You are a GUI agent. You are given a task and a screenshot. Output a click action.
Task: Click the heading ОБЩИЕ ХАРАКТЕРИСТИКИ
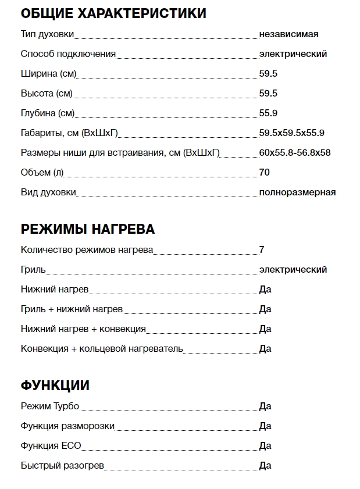[x=113, y=13]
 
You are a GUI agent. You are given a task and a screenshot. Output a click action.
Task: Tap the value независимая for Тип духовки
[x=288, y=34]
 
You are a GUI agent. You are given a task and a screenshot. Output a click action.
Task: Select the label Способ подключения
[x=68, y=54]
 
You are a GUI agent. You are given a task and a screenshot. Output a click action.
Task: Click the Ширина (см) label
[x=48, y=74]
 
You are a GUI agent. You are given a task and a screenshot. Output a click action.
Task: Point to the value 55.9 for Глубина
[x=268, y=113]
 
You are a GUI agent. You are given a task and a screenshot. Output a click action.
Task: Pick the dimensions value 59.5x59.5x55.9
[x=291, y=133]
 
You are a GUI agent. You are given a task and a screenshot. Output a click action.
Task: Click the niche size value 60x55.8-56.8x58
[x=295, y=153]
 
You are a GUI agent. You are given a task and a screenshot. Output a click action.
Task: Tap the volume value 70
[x=265, y=173]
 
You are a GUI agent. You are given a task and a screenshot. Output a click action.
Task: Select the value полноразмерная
[x=297, y=192]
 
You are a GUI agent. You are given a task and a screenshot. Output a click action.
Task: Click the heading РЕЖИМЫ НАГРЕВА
[x=88, y=229]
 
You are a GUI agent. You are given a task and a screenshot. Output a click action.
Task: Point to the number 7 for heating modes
[x=262, y=250]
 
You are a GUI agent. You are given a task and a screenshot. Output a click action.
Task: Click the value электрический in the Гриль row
[x=293, y=270]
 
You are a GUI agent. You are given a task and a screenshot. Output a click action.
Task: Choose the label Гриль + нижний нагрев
[x=72, y=309]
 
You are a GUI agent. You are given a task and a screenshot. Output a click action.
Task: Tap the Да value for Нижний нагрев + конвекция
[x=265, y=329]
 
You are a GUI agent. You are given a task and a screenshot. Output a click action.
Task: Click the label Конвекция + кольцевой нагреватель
[x=102, y=349]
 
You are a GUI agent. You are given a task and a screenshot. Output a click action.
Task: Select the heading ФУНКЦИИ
[x=55, y=386]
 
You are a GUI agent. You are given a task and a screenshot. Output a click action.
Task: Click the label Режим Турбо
[x=49, y=406]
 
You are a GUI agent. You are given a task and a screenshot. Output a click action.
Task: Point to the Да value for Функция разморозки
[x=265, y=426]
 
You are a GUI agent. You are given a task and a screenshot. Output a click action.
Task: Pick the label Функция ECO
[x=51, y=446]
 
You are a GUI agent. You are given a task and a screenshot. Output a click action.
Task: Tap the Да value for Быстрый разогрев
[x=265, y=466]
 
